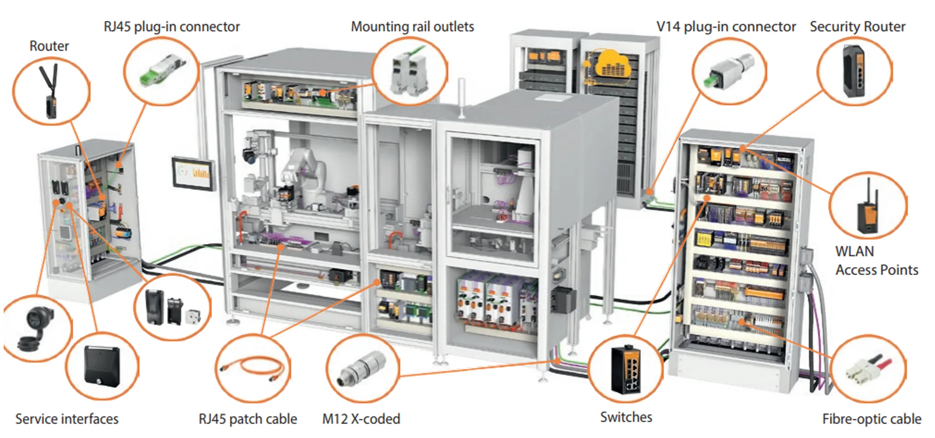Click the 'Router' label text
(x=49, y=46)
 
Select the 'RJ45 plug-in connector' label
(x=172, y=27)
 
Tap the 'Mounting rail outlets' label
(x=412, y=26)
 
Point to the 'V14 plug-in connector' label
(x=726, y=27)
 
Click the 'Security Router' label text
(x=857, y=26)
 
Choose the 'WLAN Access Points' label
(x=876, y=261)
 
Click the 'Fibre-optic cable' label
(x=871, y=419)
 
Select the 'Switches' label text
(x=626, y=417)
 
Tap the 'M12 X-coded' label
(x=361, y=419)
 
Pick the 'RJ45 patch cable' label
(x=248, y=419)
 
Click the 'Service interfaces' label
(x=67, y=419)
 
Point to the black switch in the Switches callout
(x=626, y=370)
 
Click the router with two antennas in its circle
(x=51, y=92)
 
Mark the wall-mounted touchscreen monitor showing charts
(x=194, y=173)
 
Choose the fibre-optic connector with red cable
(x=868, y=370)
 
